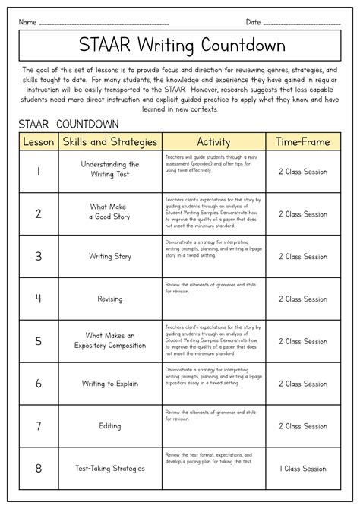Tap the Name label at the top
(x=27, y=22)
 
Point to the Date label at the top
(x=254, y=22)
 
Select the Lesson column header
(x=38, y=141)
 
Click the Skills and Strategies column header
(x=110, y=141)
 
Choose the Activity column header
(x=213, y=141)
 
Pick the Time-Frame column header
(x=302, y=141)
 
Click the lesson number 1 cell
(x=38, y=172)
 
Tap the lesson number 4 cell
(x=38, y=299)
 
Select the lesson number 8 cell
(x=38, y=468)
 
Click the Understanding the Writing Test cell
(x=110, y=169)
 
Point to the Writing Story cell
(x=110, y=257)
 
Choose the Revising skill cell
(x=110, y=299)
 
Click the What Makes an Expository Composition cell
(x=110, y=340)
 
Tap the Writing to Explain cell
(x=110, y=384)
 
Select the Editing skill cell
(x=110, y=426)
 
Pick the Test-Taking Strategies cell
(x=110, y=469)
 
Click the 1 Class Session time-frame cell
(x=302, y=469)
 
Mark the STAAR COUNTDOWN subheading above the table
(x=68, y=124)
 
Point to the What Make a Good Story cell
(x=110, y=211)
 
